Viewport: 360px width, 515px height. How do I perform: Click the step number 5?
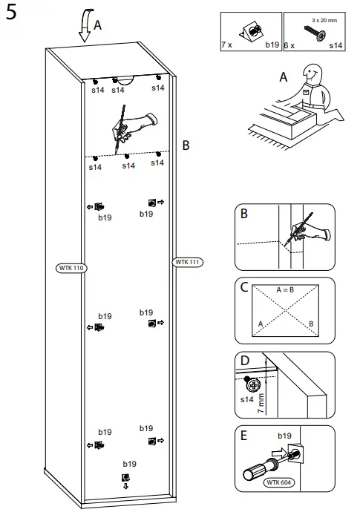coord(12,15)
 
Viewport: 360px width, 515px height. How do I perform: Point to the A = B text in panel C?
coord(286,289)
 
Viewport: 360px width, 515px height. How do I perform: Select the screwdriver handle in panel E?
coord(255,471)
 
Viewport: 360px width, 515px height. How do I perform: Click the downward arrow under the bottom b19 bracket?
coord(125,487)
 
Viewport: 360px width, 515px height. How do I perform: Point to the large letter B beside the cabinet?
coord(186,145)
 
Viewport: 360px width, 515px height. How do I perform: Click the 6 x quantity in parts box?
coord(290,45)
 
